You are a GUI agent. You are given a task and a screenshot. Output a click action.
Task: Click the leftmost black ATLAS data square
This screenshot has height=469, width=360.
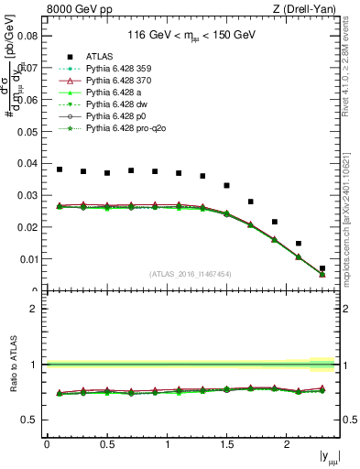point(60,169)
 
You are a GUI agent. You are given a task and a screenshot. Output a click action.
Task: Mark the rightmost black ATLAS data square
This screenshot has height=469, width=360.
point(322,268)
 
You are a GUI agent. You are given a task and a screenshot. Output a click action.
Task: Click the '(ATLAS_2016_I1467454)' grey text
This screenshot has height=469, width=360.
point(191,274)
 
